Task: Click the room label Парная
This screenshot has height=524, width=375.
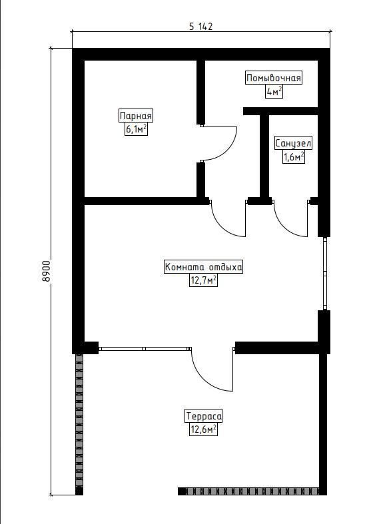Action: (136, 117)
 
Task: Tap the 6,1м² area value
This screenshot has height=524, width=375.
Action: (136, 129)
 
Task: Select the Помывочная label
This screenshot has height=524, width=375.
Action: (274, 78)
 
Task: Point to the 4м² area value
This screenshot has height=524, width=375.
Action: (274, 91)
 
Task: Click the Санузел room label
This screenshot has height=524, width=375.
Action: (294, 144)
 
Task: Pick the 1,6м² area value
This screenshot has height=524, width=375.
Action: (294, 156)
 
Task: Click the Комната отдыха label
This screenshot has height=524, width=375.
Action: (204, 268)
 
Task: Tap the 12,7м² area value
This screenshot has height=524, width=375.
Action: (204, 280)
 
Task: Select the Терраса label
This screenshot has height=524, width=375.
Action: (204, 416)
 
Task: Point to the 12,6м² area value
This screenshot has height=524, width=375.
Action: (204, 429)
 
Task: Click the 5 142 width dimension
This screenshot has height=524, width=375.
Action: (201, 27)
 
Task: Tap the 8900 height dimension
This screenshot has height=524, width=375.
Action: (47, 271)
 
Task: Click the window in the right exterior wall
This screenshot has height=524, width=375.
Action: (324, 274)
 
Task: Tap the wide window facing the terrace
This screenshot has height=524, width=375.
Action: (144, 348)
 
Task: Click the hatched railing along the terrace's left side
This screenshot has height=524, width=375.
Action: (79, 424)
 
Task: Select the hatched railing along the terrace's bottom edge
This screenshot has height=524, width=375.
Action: (248, 491)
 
